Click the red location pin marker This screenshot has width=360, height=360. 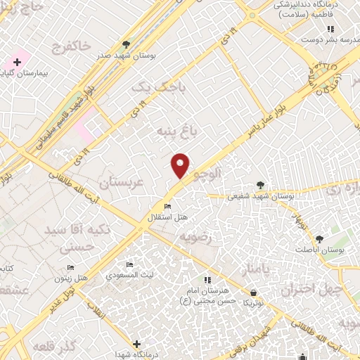coord(181,165)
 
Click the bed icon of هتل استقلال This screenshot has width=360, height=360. coord(167,206)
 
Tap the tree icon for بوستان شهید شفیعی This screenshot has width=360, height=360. coord(262,185)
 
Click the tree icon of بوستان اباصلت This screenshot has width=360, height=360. coord(319,240)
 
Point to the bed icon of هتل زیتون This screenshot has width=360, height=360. coord(70,268)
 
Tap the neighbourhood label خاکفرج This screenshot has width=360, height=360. coord(71,46)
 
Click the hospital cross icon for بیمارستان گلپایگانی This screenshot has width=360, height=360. coord(17,63)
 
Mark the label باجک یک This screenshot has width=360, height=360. coord(151,86)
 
